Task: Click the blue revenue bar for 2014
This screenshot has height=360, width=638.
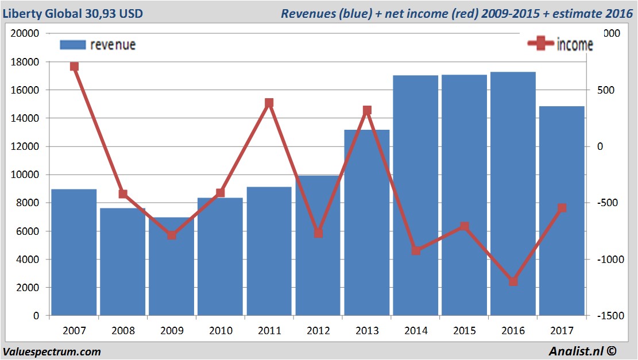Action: (416, 195)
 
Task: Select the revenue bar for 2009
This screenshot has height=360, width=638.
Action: (172, 266)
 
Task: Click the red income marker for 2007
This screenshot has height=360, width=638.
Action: (74, 67)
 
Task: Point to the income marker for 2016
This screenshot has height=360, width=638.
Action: (513, 281)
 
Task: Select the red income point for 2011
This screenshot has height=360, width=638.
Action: (269, 103)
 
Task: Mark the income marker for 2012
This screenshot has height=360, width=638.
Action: (318, 233)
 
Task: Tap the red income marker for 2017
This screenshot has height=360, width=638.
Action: (562, 208)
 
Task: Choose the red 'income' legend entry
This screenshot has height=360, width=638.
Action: (561, 44)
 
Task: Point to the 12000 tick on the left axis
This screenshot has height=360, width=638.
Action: (25, 146)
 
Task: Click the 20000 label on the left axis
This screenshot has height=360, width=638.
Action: (25, 33)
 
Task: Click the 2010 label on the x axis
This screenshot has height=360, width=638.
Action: (221, 331)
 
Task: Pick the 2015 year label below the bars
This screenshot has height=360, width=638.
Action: (465, 331)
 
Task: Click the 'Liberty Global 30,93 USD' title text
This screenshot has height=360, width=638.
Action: (73, 13)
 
